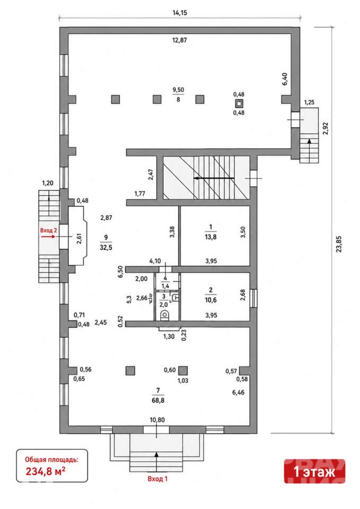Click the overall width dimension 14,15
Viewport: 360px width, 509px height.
(180, 13)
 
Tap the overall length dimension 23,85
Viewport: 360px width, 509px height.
(339, 244)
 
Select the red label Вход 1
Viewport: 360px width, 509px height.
(157, 479)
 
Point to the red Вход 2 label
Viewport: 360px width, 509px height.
(48, 230)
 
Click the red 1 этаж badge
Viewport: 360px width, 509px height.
(314, 471)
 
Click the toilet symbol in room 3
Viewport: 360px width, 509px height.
(164, 315)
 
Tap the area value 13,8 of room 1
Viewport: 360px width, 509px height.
(210, 237)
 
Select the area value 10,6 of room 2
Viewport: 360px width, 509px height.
(210, 300)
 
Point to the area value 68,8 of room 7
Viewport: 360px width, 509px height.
(158, 400)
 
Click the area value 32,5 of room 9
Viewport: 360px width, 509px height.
(106, 248)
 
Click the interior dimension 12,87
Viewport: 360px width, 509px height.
(180, 40)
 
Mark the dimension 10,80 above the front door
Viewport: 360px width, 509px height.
(157, 420)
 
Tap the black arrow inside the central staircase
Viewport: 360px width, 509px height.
(214, 178)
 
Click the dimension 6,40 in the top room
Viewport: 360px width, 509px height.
(285, 79)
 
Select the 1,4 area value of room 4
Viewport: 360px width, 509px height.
(165, 286)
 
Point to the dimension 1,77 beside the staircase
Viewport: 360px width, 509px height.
(139, 194)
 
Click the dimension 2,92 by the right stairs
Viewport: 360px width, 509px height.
(325, 128)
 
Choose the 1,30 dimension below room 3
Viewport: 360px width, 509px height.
(169, 337)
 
